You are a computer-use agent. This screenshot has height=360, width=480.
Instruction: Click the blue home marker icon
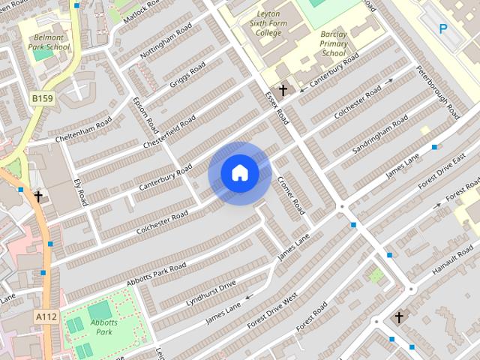[x=240, y=173]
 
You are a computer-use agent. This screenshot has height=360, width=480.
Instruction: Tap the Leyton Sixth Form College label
[x=268, y=22]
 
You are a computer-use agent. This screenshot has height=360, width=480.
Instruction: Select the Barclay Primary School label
[x=334, y=43]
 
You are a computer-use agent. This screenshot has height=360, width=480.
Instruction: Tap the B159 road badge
[x=43, y=97]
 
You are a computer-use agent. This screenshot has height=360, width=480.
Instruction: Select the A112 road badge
[x=46, y=318]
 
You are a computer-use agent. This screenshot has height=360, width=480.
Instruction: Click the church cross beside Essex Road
[x=283, y=91]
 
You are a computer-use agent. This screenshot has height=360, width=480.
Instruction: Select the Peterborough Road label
[x=443, y=97]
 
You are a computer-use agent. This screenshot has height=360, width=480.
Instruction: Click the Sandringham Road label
[x=380, y=133]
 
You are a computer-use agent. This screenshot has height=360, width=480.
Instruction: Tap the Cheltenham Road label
[x=83, y=130]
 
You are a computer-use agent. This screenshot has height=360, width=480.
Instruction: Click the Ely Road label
[x=80, y=192]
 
